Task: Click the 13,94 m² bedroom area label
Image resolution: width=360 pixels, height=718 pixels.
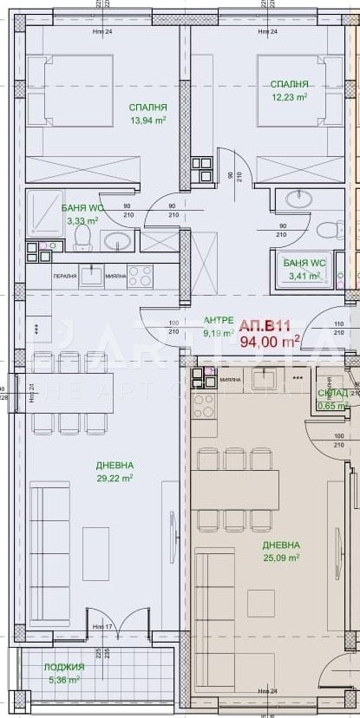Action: click(147, 121)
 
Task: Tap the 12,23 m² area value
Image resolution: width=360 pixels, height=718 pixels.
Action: click(289, 97)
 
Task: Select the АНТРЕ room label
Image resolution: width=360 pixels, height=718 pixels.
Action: click(218, 320)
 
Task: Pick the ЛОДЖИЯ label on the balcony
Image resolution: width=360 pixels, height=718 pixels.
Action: click(65, 667)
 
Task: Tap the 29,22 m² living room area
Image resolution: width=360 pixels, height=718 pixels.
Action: click(114, 478)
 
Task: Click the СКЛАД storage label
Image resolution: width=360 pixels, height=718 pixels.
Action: click(333, 392)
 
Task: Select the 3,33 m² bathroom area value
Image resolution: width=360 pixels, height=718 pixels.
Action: click(82, 221)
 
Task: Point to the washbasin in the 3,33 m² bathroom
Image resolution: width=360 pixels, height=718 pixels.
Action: click(119, 240)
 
